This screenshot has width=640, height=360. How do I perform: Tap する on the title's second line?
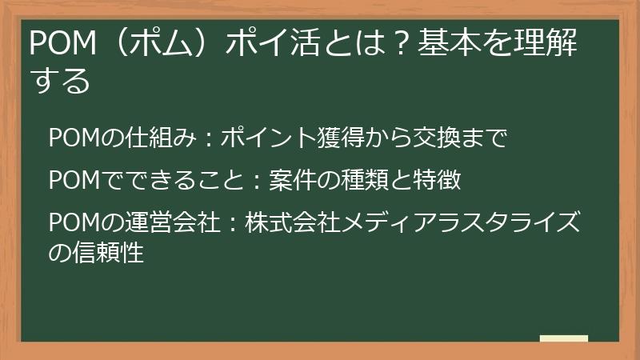click(59, 81)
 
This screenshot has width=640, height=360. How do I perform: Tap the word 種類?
click(351, 181)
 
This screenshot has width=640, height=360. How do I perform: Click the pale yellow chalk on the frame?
click(563, 339)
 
